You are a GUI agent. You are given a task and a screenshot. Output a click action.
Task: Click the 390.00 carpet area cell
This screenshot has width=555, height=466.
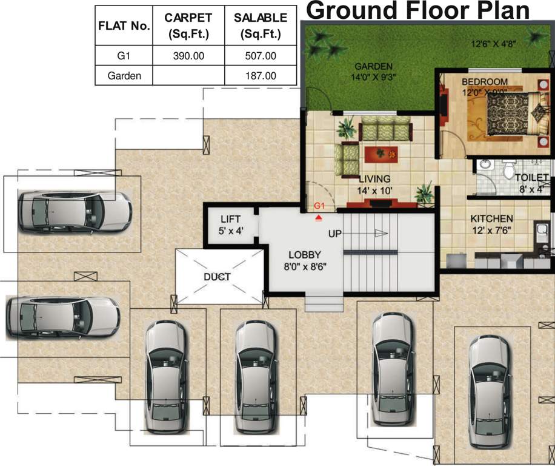click(x=188, y=56)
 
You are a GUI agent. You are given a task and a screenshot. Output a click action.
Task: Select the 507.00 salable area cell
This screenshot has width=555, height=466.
click(x=261, y=56)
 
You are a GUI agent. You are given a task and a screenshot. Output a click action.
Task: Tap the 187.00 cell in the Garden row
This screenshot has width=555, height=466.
click(x=261, y=76)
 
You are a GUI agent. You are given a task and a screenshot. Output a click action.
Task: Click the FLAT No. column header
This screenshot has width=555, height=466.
click(x=124, y=26)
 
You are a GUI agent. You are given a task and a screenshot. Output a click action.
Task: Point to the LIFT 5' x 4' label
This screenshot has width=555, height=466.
click(x=231, y=225)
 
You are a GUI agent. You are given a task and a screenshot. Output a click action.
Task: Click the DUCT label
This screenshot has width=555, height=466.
click(x=218, y=277)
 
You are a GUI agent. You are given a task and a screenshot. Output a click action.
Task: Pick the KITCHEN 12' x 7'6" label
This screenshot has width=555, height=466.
click(x=491, y=224)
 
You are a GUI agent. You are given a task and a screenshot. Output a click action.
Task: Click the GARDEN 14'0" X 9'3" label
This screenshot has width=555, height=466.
click(x=373, y=72)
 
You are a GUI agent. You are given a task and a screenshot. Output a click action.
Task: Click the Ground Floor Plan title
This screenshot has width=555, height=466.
click(x=418, y=10)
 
